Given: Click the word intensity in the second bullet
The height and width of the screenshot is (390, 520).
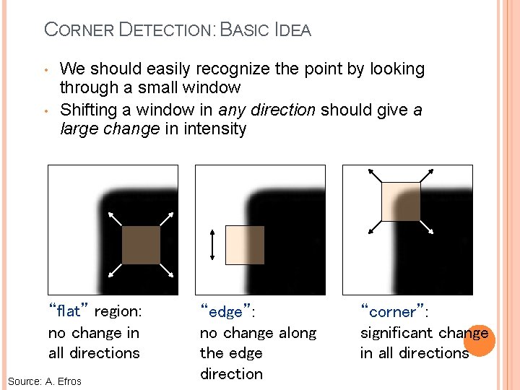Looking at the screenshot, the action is coord(216,129).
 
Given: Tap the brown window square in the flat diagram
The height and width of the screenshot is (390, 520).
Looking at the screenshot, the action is coord(141,245).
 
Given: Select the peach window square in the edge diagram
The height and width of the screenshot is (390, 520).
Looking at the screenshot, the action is coord(245,245).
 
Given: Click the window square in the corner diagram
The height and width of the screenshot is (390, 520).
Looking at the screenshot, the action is coord(401,201).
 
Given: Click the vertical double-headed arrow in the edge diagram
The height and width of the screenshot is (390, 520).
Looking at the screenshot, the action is coord(212,245).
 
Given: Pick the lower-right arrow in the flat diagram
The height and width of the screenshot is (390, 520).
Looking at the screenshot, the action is coord(166,270).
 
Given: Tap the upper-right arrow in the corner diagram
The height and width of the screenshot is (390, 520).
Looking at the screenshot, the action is coord(428,175).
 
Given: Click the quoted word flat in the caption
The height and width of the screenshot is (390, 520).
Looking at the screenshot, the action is coord(68,312).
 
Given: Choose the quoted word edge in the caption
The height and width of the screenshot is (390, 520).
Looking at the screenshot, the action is coord(225,312).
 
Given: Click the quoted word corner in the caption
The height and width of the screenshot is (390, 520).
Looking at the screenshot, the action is coord(393,312).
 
